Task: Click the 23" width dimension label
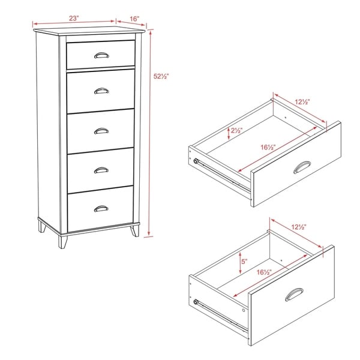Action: tap(74, 19)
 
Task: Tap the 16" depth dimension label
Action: tap(134, 19)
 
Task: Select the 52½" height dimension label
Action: tap(161, 76)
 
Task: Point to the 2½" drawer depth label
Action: tap(237, 131)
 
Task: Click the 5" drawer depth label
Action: tap(244, 261)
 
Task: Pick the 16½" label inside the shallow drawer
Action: tap(268, 147)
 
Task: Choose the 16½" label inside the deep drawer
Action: tap(264, 272)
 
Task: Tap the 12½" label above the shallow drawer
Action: tap(302, 102)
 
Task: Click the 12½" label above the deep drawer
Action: tap(299, 227)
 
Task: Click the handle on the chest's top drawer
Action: tap(101, 55)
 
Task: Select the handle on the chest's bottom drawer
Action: tap(101, 209)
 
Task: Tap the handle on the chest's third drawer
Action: tap(101, 131)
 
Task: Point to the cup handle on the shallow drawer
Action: tap(302, 167)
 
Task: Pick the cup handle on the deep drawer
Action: tap(294, 295)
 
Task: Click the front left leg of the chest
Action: tap(62, 242)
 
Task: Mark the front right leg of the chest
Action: tap(135, 231)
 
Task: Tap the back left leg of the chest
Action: tap(42, 226)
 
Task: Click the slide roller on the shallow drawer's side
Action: tap(196, 161)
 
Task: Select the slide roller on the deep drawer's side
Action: tap(196, 302)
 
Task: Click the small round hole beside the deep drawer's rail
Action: tap(244, 310)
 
